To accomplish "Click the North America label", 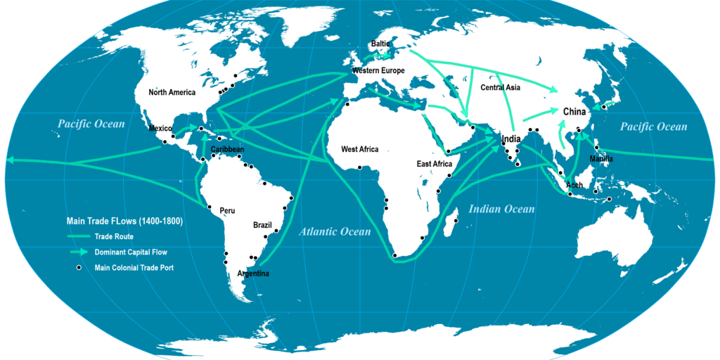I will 172,92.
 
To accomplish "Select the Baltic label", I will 380,44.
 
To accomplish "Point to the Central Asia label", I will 501,88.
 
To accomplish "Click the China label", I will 574,112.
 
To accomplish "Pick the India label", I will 512,140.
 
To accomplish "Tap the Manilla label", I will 602,159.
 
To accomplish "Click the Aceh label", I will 574,185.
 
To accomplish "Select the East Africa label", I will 435,164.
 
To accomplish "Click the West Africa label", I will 360,149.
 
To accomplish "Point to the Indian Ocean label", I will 502,209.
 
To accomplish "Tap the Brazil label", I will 262,225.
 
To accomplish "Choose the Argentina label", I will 255,273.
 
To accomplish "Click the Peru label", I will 227,210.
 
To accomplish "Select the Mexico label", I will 161,129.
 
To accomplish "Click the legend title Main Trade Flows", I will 124,221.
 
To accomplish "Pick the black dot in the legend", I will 79,267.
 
